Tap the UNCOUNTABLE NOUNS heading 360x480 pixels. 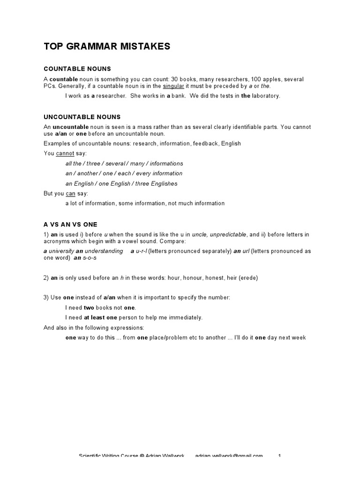click(82, 117)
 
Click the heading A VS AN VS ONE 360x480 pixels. click(70, 225)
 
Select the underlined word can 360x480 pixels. click(70, 194)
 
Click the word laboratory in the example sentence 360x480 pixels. click(266, 96)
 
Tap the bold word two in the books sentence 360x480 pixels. click(89, 307)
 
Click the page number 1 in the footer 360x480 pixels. click(279, 456)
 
